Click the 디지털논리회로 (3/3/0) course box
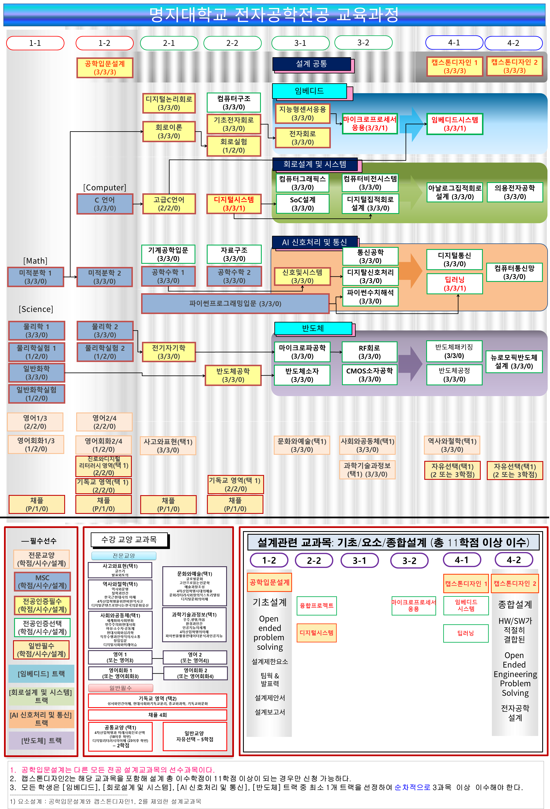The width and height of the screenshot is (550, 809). [x=169, y=103]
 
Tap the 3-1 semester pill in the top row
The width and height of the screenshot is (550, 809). [x=300, y=43]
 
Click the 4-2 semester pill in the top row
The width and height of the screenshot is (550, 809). [x=513, y=43]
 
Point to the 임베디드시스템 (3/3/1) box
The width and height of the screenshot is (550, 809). [x=454, y=124]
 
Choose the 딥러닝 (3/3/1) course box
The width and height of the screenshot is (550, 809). [x=454, y=284]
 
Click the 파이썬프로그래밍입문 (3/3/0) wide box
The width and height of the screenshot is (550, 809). [x=235, y=304]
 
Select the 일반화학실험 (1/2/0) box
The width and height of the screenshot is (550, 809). [x=37, y=394]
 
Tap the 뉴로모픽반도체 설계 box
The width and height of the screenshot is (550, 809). [x=514, y=362]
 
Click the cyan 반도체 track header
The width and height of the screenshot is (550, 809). [x=313, y=328]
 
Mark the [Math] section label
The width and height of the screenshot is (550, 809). [x=35, y=261]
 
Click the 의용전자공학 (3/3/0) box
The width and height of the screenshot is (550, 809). [x=514, y=192]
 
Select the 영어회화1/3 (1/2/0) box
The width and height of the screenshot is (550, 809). [x=36, y=444]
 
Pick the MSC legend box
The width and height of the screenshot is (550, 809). [x=42, y=582]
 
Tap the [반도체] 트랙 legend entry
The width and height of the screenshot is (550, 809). [x=41, y=740]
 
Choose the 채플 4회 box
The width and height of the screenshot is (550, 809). [x=158, y=715]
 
